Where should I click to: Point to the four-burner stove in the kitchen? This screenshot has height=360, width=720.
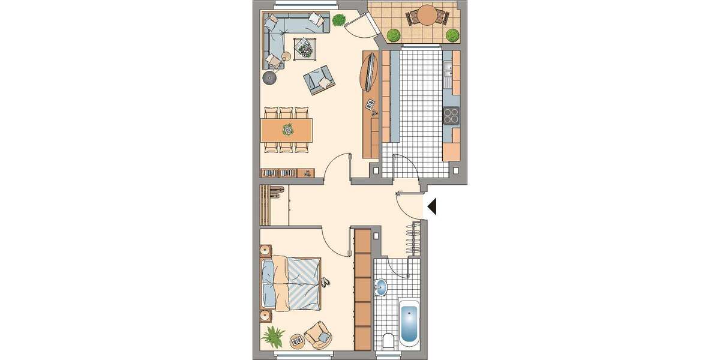(x=452, y=116)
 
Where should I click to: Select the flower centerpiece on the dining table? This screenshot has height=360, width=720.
(x=289, y=129)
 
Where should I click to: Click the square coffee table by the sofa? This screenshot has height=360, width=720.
(x=304, y=46)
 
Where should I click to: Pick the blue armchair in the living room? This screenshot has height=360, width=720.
(x=319, y=79)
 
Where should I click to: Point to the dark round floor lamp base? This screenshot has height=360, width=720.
(x=271, y=77)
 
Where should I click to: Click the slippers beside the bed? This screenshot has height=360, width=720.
(x=326, y=281)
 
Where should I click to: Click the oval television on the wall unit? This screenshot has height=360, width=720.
(x=371, y=71)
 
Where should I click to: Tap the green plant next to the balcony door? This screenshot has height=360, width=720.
(x=340, y=20)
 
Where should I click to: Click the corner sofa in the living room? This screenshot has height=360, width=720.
(x=282, y=33)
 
